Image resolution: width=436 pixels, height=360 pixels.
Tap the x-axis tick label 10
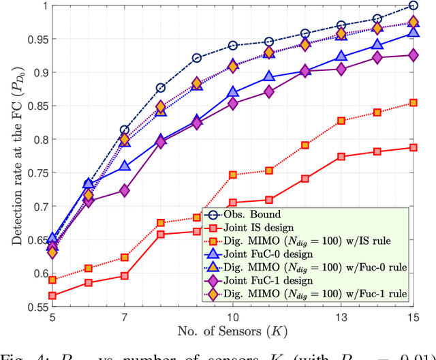click(233, 318)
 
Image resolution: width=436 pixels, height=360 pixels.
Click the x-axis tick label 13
click(341, 318)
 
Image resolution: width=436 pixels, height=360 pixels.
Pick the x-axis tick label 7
click(125, 318)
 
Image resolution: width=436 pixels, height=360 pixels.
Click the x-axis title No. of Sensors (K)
click(233, 335)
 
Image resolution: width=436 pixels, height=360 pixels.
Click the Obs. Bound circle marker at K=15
click(413, 5)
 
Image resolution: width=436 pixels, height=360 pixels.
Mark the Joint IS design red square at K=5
click(53, 296)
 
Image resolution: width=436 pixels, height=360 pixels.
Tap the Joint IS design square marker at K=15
click(413, 147)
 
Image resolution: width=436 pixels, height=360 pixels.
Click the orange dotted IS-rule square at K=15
click(413, 103)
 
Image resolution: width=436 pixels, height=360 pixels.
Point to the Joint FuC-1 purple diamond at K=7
click(125, 190)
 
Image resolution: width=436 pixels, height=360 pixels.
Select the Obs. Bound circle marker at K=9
click(197, 58)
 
